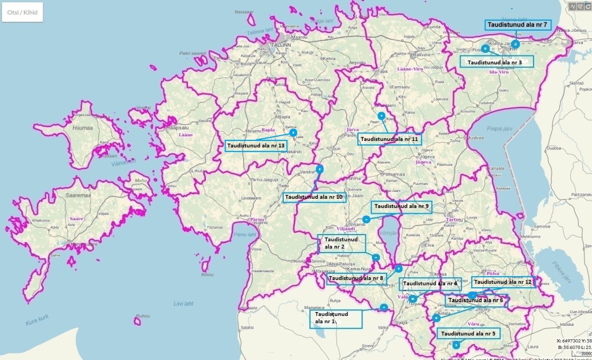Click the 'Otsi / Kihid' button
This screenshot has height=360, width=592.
pos(22,12)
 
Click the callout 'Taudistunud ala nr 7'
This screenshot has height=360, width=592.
pos(518,25)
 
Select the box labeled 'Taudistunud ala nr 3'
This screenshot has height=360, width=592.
pos(495,62)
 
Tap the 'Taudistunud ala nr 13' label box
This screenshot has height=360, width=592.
pos(257,146)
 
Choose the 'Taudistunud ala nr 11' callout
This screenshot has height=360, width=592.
pos(389,139)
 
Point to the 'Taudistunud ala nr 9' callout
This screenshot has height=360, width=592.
pos(401,206)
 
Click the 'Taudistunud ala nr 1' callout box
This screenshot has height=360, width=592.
pos(335,318)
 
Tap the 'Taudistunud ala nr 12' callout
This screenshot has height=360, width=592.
pos(504,282)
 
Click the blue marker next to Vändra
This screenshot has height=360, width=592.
pos(319,169)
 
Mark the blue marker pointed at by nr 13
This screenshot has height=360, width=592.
pos(293,132)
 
